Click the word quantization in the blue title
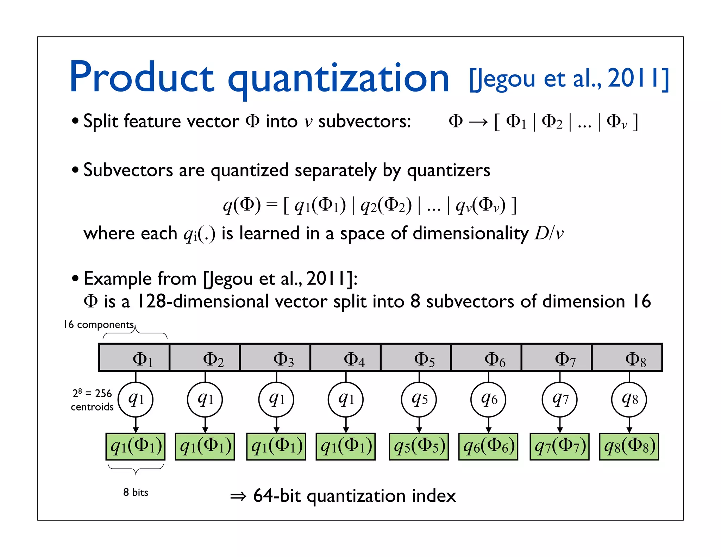[x=338, y=79]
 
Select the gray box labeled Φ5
[x=416, y=358]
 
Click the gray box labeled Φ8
[x=627, y=358]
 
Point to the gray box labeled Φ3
[x=275, y=358]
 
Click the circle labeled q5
[x=419, y=399]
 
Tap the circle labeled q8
[x=629, y=399]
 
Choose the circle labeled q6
[x=488, y=399]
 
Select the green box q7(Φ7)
[x=559, y=446]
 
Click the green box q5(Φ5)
[x=419, y=446]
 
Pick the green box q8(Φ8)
[x=629, y=446]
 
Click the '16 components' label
[x=99, y=324]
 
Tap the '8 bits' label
[x=136, y=492]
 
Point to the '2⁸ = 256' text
[x=92, y=393]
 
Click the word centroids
[x=92, y=407]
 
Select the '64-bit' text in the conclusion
[x=277, y=496]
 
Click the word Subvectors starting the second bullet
[x=128, y=170]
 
